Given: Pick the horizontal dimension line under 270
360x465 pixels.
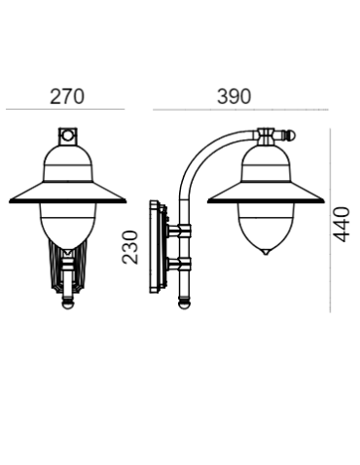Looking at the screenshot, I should pos(65,109).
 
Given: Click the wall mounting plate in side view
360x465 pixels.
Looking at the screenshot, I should pos(155,248).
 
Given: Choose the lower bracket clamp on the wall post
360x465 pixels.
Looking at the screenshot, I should pos(181,265).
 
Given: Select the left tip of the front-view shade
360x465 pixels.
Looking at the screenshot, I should pos(8,198).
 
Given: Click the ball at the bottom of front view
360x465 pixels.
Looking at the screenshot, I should pos(67,304).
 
